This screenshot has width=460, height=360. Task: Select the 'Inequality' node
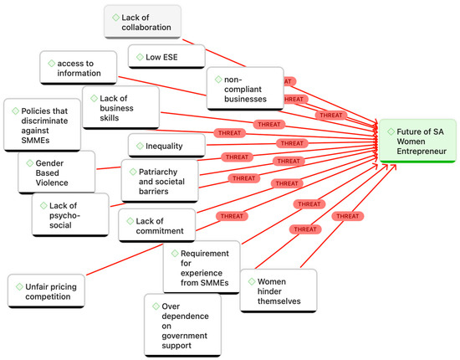pyautogui.click(x=166, y=144)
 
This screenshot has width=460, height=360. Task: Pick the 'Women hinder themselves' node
pyautogui.click(x=278, y=291)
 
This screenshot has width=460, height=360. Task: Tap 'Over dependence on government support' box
pyautogui.click(x=181, y=325)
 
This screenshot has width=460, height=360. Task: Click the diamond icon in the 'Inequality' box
pyautogui.click(x=137, y=144)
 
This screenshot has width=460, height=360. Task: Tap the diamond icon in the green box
pyautogui.click(x=390, y=131)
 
